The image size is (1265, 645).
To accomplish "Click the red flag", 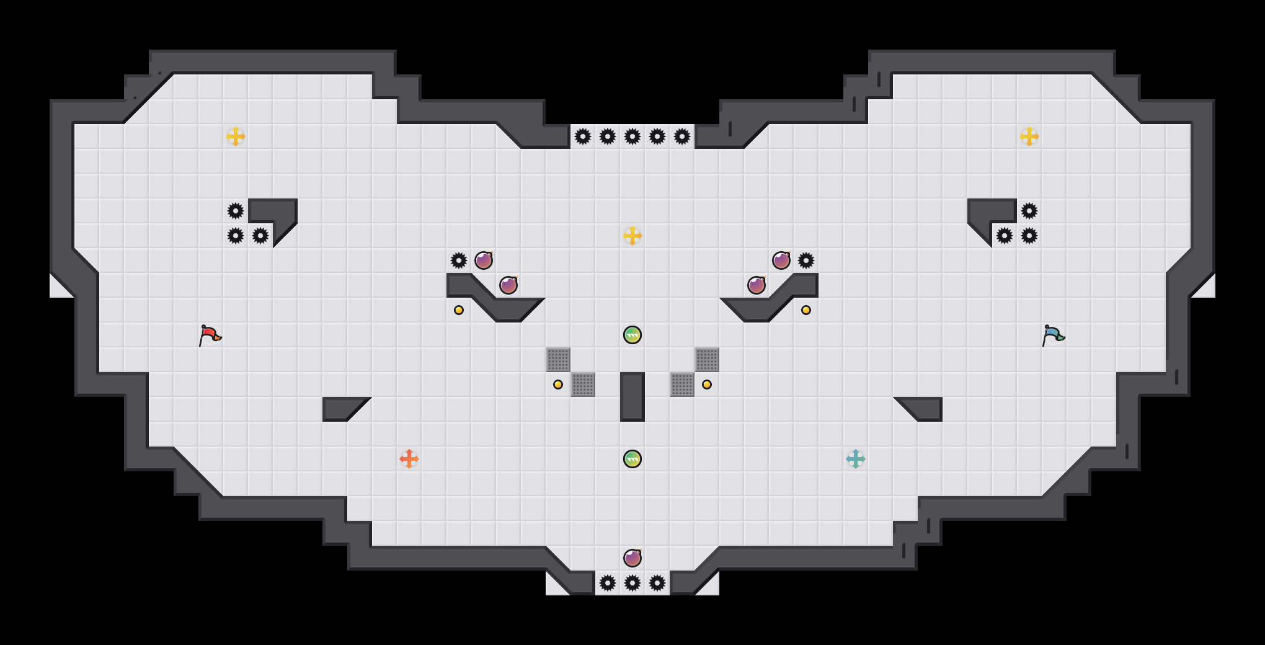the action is click(x=210, y=335).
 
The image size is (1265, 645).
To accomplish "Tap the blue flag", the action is click(x=1053, y=335).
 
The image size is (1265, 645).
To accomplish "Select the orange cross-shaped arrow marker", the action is click(x=409, y=459).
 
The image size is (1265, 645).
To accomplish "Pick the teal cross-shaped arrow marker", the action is click(x=856, y=459).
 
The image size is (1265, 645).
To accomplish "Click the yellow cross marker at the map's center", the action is click(x=632, y=236).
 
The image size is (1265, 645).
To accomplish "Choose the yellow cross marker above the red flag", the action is click(x=236, y=136).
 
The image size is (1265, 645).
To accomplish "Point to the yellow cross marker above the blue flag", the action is click(x=1029, y=136).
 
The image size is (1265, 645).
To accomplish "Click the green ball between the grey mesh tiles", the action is click(x=632, y=335).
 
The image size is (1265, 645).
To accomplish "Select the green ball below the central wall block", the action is click(x=632, y=459).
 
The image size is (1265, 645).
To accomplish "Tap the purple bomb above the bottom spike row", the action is click(x=632, y=558).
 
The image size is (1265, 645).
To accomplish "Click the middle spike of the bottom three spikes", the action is click(x=632, y=583).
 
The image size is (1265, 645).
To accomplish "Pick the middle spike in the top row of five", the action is click(x=632, y=136).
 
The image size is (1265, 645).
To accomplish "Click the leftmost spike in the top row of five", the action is click(x=583, y=136).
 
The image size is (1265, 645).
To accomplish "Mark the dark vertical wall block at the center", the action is click(x=632, y=397).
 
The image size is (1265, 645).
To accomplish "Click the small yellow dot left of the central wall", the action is click(x=558, y=385).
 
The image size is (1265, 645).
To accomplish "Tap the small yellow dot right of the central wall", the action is click(x=707, y=385).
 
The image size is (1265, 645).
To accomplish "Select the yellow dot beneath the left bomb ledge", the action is click(x=459, y=310).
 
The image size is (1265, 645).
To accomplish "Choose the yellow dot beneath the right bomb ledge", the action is click(x=806, y=310).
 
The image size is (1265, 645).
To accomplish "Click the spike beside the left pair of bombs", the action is click(x=459, y=260).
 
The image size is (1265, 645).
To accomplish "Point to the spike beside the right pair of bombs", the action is click(x=806, y=260).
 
